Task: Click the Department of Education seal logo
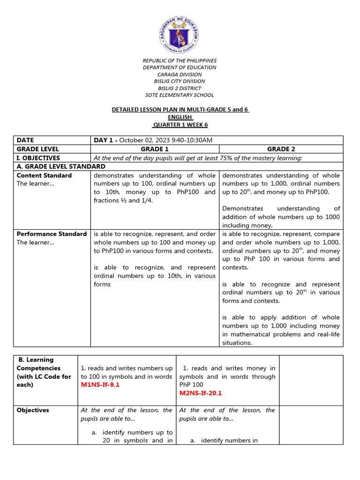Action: pos(180,32)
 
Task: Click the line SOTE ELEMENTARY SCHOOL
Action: pos(180,95)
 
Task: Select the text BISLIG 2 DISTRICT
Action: pos(180,88)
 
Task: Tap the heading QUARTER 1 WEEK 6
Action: pos(180,124)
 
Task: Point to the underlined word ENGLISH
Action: pos(180,117)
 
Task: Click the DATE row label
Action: pos(25,140)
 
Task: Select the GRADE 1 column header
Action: pos(155,149)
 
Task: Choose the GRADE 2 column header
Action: pos(281,149)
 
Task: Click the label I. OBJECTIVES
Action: pos(38,158)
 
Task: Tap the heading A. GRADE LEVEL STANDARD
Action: pos(61,166)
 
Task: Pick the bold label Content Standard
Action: pos(44,175)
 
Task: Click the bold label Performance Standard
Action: pos(52,234)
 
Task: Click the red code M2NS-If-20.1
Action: pos(201,393)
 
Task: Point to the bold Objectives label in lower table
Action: pos(33,410)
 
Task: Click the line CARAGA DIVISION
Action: pos(180,75)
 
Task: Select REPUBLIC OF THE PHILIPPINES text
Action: pos(180,61)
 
